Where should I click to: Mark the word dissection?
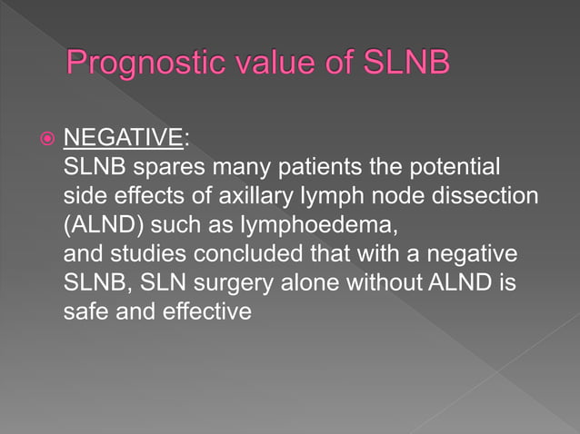coord(497,197)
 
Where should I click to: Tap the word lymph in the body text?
coord(340,197)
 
